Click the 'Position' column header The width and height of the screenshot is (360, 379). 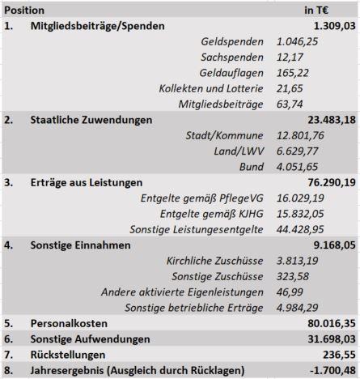pos(24,11)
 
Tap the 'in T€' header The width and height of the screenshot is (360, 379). pos(316,11)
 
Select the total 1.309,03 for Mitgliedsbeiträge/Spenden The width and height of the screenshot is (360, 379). pos(335,26)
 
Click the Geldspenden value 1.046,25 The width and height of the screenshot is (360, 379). pos(297,42)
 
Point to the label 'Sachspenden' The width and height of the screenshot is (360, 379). pos(232,57)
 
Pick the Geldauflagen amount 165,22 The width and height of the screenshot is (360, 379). pos(293,73)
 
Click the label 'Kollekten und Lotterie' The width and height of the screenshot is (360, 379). pos(211,89)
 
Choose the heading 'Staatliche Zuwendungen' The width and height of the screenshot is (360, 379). pos(91,120)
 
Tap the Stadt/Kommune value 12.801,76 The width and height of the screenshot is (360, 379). pos(300,136)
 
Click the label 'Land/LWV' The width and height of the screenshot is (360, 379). pos(239,151)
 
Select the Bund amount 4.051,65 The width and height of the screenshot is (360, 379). pos(297,167)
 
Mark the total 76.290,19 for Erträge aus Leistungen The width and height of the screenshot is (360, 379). pos(332,183)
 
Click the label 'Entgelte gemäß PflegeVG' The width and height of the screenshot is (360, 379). pos(202,198)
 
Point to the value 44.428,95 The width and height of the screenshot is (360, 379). pos(300,230)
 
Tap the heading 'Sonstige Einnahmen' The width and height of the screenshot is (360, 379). pos(81,245)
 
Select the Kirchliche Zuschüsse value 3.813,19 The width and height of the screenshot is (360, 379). pos(297,261)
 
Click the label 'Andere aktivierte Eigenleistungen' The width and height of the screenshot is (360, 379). pos(182,292)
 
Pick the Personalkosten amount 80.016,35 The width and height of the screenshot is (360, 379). pos(332,324)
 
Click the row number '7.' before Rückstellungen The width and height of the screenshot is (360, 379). pos(9,355)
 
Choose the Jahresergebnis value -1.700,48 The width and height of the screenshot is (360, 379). pos(332,371)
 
